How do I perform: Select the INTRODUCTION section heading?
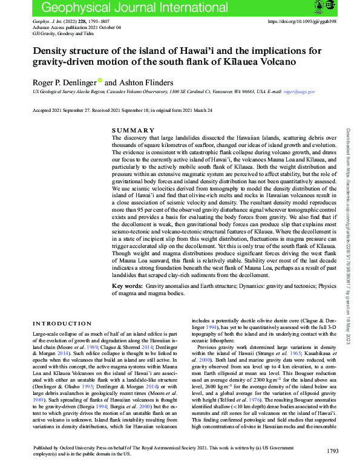pos(62,324)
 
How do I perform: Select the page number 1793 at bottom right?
pos(332,468)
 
